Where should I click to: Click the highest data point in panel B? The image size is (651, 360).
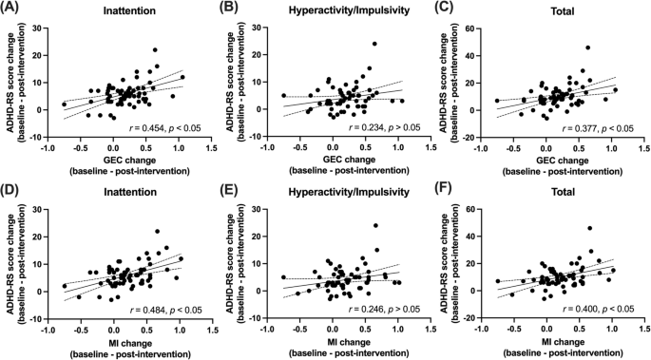click(x=374, y=44)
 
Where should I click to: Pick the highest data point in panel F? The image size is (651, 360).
click(x=589, y=228)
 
